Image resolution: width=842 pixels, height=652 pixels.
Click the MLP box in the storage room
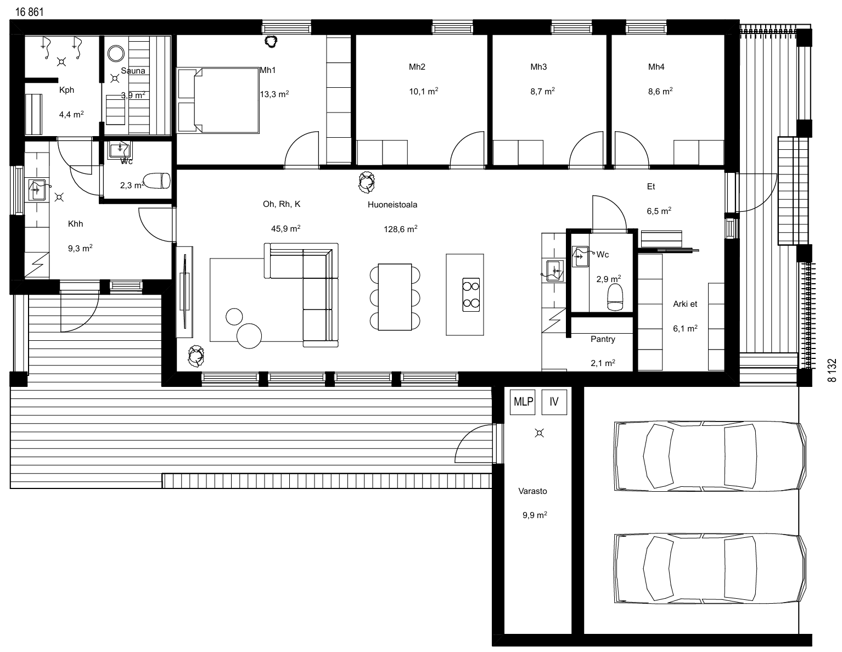(523, 402)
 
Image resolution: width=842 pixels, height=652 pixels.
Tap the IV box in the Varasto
(554, 402)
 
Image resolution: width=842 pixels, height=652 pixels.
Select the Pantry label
(603, 339)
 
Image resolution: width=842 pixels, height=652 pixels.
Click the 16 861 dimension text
(30, 12)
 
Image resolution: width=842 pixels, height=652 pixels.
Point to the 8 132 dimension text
(832, 370)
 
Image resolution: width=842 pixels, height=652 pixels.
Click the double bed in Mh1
(218, 100)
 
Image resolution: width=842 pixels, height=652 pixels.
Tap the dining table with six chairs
(395, 297)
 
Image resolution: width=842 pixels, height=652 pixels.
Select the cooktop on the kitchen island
(471, 295)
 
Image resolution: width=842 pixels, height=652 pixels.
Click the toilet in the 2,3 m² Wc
(157, 181)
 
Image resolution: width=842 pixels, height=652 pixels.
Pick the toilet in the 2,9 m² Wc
(615, 297)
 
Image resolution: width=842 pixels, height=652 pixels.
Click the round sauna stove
(116, 53)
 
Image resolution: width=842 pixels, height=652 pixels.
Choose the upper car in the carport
(710, 457)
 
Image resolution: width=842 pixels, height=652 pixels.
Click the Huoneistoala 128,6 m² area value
(401, 229)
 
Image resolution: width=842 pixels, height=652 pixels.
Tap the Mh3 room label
(538, 66)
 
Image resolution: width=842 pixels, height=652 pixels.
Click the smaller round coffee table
(234, 317)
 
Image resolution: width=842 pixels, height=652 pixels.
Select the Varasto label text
(533, 491)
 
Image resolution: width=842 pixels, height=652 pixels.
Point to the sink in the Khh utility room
(37, 190)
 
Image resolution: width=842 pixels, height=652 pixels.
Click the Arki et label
(685, 304)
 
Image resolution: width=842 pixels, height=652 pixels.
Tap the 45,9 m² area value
(285, 228)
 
